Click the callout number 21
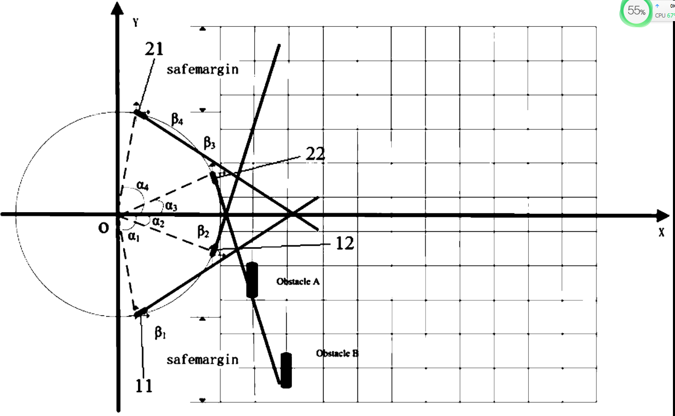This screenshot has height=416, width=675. click(x=154, y=49)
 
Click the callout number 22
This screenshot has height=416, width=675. click(x=315, y=153)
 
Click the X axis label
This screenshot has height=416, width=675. click(x=661, y=232)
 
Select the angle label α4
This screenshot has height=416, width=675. click(x=143, y=185)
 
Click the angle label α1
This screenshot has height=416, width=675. click(x=134, y=236)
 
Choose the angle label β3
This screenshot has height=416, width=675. click(x=209, y=143)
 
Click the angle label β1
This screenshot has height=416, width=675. click(x=161, y=333)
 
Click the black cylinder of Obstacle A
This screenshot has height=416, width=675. click(x=252, y=280)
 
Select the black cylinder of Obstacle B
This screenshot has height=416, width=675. click(x=286, y=370)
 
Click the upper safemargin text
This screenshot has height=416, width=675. click(x=202, y=69)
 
